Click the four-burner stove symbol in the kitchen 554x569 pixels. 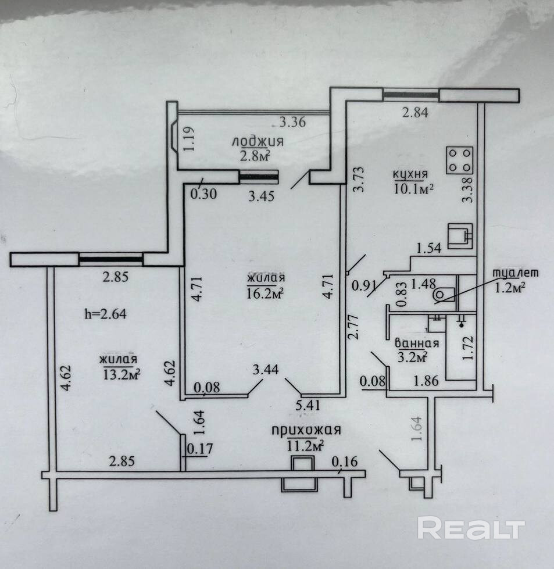459,160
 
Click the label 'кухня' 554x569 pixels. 410,173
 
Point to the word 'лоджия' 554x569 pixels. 258,141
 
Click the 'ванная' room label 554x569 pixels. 416,342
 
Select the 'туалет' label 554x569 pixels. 516,273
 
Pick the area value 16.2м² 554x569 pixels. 266,294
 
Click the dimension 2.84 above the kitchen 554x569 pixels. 415,113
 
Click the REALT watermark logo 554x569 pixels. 471,528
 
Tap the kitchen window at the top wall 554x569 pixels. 410,94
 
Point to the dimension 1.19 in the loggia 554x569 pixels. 190,139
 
